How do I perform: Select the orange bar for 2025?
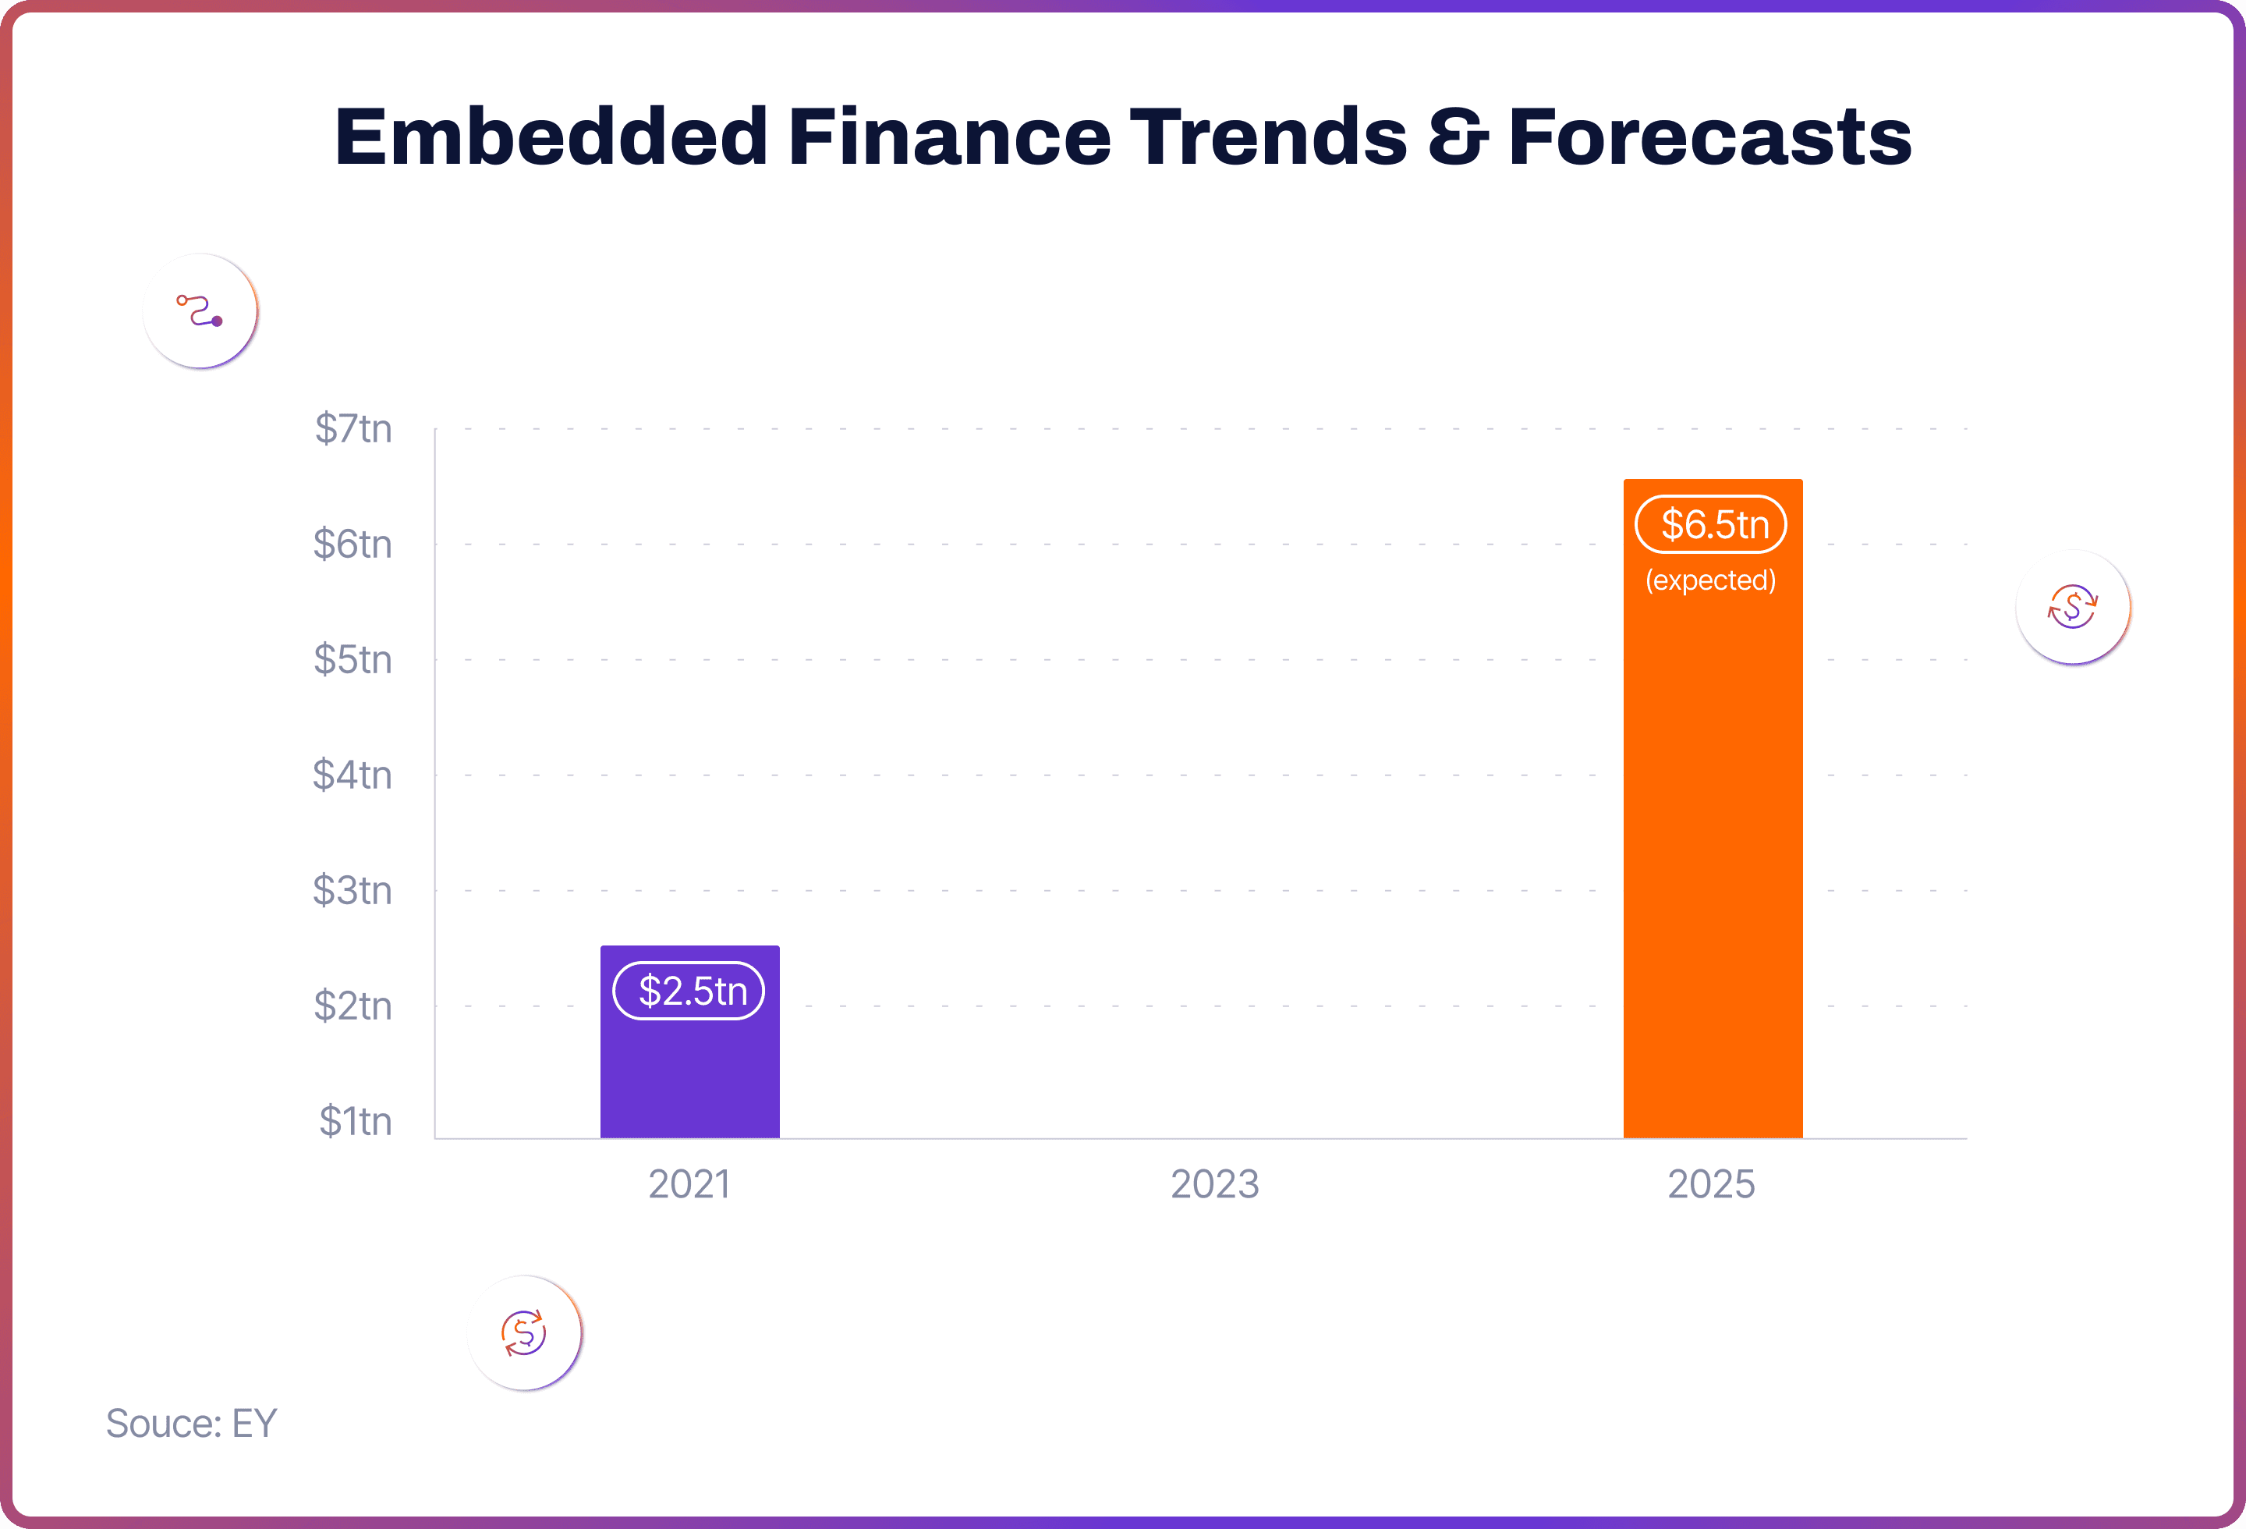(x=1713, y=808)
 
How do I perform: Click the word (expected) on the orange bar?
(x=1710, y=580)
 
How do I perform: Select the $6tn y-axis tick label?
(x=352, y=545)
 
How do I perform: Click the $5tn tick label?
(x=352, y=659)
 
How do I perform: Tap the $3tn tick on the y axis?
(x=352, y=890)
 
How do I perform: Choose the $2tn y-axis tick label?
(x=352, y=1006)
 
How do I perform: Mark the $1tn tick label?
(x=356, y=1121)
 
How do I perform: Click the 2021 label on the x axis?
(x=689, y=1184)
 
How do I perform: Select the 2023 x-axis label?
(x=1215, y=1184)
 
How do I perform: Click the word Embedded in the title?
(x=551, y=137)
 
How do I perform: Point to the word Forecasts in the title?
(x=1709, y=137)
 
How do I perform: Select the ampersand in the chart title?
(x=1458, y=137)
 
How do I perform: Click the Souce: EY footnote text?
(x=191, y=1424)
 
